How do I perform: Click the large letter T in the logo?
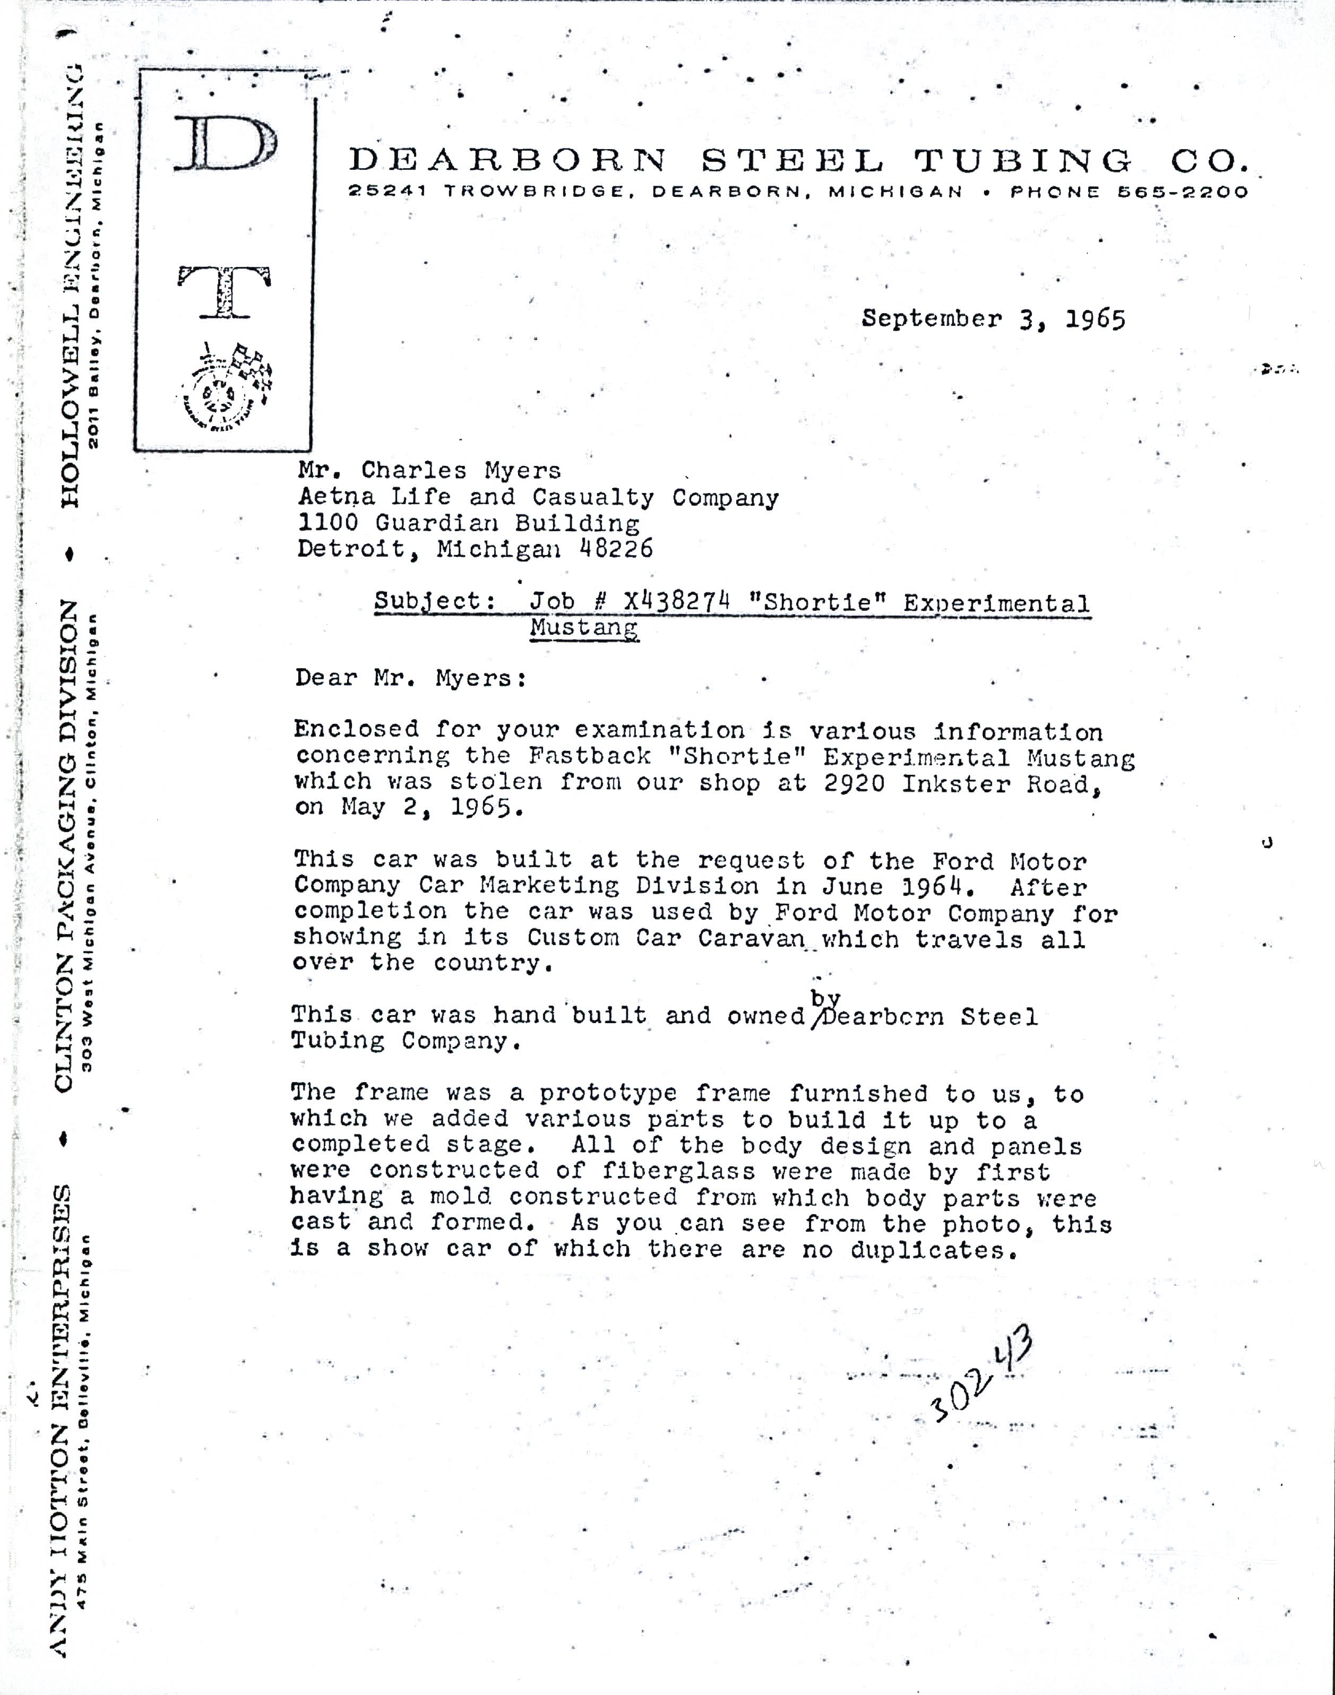coord(225,291)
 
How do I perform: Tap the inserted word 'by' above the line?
coord(824,998)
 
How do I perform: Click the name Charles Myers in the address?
coord(460,470)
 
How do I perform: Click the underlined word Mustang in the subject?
coord(584,627)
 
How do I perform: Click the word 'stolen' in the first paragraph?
coord(496,782)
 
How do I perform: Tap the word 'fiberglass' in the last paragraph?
coord(678,1171)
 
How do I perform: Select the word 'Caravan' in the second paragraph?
coord(751,938)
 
